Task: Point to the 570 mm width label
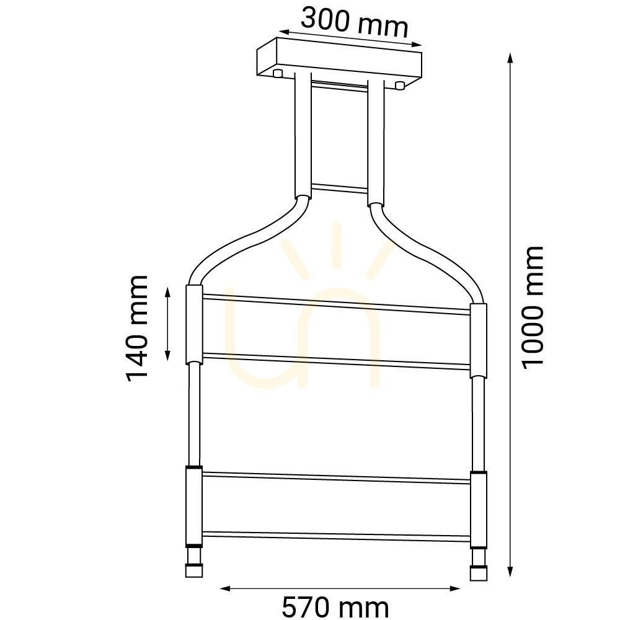[x=335, y=607]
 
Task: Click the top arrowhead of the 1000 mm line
[x=510, y=58]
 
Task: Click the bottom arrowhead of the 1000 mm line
[x=510, y=572]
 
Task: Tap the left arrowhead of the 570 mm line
[x=225, y=589]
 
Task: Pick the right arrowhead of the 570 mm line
[x=454, y=589]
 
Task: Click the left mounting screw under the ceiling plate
[x=278, y=73]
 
